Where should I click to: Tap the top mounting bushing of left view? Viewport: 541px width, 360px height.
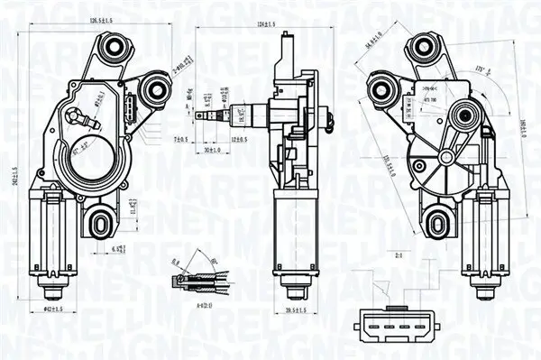pyautogui.click(x=115, y=48)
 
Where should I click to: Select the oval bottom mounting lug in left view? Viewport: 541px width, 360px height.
pyautogui.click(x=100, y=218)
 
